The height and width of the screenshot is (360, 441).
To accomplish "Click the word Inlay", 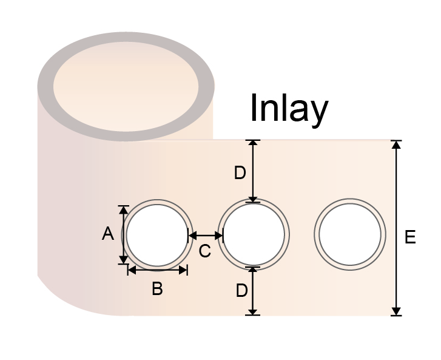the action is click(x=289, y=110).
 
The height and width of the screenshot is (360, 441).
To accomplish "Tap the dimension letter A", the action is click(x=108, y=234).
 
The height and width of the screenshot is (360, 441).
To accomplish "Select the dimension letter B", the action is click(x=157, y=289).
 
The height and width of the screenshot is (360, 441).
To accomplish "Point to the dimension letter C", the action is click(x=205, y=251).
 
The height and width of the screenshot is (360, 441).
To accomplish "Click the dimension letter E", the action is click(x=410, y=237).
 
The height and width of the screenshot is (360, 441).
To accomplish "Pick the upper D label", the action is click(x=240, y=173).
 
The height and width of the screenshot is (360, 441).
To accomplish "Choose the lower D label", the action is click(x=241, y=290).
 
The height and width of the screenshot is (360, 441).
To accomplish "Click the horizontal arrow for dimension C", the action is click(x=206, y=236).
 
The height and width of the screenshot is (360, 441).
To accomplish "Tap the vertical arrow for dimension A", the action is click(x=124, y=235).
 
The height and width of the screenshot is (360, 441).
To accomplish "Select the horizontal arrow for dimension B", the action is click(x=158, y=270).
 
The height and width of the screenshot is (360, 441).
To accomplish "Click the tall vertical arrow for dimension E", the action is click(x=396, y=228).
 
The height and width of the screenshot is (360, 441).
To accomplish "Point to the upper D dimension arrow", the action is click(x=253, y=171).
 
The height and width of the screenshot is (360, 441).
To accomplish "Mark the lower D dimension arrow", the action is click(x=253, y=291).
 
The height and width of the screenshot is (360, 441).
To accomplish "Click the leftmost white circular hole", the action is click(x=157, y=235).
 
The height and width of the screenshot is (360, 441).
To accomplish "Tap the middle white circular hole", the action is click(x=254, y=234).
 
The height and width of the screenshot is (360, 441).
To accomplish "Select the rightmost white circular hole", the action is click(x=350, y=234).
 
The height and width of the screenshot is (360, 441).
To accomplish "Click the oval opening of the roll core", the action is click(x=126, y=86).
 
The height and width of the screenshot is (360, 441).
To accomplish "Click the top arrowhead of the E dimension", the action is click(x=396, y=144).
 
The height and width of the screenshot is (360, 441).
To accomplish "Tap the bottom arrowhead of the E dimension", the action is click(x=396, y=311).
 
